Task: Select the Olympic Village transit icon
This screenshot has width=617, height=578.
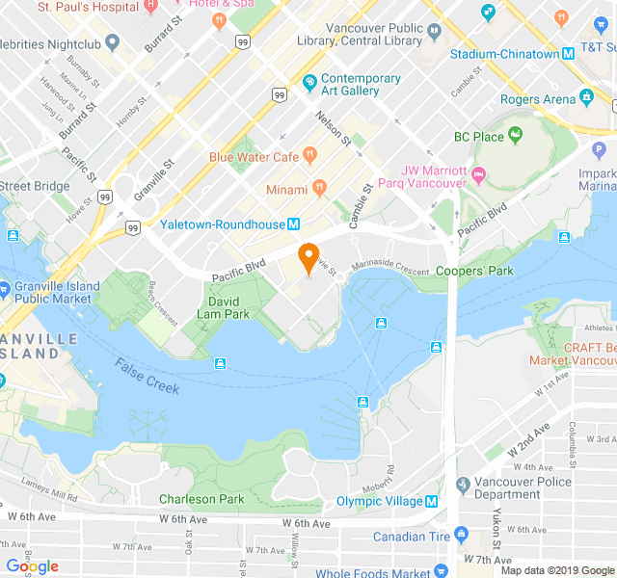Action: [x=431, y=502]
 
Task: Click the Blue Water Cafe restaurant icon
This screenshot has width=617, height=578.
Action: [x=309, y=154]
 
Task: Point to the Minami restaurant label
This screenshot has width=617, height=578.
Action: [x=287, y=190]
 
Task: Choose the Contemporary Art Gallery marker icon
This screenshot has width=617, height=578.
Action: [x=308, y=85]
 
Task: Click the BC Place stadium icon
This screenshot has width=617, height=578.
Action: [x=515, y=137]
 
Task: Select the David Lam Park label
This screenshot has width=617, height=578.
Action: [x=223, y=307]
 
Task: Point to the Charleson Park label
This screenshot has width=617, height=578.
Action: [x=201, y=499]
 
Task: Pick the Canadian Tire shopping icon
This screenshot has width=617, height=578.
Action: [x=461, y=537]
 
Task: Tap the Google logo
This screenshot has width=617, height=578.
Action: [x=32, y=566]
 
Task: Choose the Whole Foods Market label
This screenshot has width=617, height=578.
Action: [x=373, y=573]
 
